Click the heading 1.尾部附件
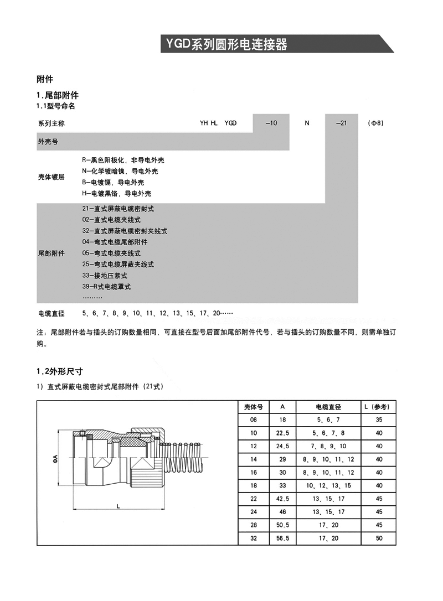(x=58, y=95)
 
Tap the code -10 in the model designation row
(x=271, y=123)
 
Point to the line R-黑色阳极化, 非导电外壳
(x=122, y=160)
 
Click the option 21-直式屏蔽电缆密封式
(x=118, y=209)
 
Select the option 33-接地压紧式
(x=105, y=275)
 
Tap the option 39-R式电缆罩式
(x=106, y=287)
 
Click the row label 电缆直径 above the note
(x=51, y=313)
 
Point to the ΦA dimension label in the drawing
(x=54, y=459)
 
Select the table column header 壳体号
(x=254, y=407)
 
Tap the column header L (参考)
(x=379, y=407)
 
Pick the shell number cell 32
(x=254, y=538)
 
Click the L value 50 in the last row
(x=379, y=538)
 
